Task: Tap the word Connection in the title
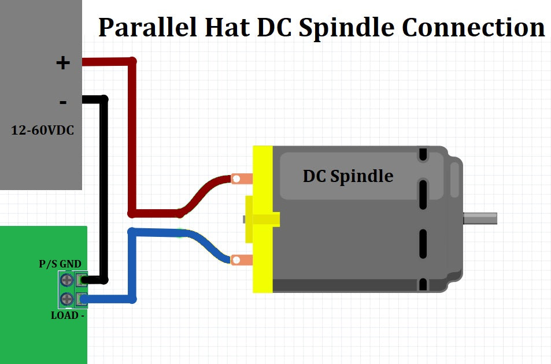[474, 27]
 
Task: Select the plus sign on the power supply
[62, 62]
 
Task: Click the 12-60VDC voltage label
[43, 131]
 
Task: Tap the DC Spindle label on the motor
[347, 176]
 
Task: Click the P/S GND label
[60, 264]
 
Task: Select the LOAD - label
[68, 315]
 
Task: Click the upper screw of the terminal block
[66, 280]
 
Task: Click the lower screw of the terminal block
[66, 299]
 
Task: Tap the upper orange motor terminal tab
[241, 179]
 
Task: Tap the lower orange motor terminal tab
[241, 260]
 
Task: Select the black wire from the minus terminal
[104, 191]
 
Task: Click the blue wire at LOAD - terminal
[110, 299]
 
